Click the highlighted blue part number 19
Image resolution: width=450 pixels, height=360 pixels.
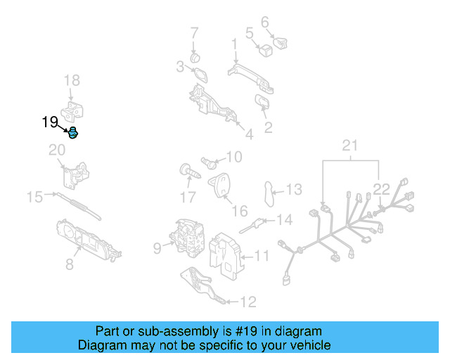click(x=72, y=133)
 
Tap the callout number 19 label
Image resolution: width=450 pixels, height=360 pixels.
click(x=50, y=122)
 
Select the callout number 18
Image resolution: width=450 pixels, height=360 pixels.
click(x=72, y=82)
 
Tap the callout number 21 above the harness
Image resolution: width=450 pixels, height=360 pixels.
click(x=350, y=146)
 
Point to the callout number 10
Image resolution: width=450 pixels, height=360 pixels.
click(x=233, y=156)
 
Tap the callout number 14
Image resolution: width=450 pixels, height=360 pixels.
click(x=283, y=220)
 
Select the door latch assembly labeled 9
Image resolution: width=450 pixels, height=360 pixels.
click(x=186, y=237)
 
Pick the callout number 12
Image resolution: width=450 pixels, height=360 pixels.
click(x=248, y=302)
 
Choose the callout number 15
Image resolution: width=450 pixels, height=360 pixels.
click(x=35, y=197)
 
